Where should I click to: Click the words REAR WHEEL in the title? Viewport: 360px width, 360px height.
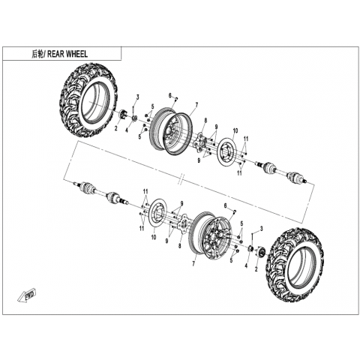coord(67,54)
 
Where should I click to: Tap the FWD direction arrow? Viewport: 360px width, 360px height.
coord(27,295)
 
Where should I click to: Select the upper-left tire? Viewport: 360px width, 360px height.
coord(88,100)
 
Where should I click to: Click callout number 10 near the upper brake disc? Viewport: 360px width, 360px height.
coord(235,130)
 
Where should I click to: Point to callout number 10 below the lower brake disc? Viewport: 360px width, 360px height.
coord(154,236)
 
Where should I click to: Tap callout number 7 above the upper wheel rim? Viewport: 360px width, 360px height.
coord(196,105)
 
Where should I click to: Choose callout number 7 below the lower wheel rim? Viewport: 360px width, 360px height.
coord(193,264)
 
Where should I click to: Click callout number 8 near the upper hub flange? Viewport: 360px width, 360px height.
coord(205,121)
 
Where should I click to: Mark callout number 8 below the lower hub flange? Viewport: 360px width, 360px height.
coord(179,246)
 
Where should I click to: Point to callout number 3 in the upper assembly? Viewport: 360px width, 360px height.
coord(137,97)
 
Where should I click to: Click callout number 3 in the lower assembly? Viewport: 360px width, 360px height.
coord(262,228)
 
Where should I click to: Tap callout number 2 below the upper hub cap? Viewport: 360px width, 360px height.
coord(116,128)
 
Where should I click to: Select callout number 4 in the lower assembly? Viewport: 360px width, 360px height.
coord(246,266)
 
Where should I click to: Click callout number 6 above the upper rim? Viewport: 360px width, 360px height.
coord(170,95)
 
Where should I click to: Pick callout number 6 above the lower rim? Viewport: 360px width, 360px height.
coord(225,205)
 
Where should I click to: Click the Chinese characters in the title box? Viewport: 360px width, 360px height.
coord(37,54)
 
